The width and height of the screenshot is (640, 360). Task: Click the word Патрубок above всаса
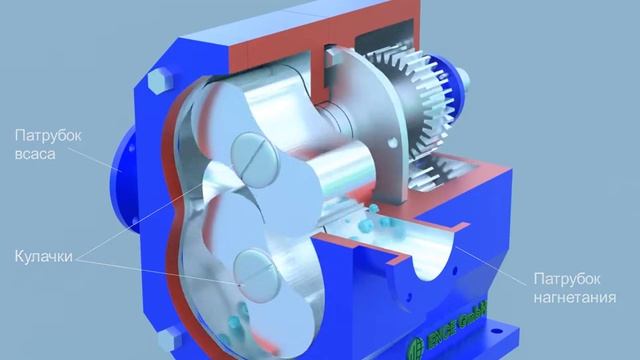click(48, 136)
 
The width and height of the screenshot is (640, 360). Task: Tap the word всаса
click(35, 154)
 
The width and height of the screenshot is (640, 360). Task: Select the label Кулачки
click(44, 257)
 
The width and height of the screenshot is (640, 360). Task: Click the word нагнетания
click(575, 297)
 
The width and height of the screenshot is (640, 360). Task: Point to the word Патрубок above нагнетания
click(567, 279)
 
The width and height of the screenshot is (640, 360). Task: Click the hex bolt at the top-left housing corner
click(157, 83)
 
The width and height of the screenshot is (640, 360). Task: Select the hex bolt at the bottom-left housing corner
click(170, 341)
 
